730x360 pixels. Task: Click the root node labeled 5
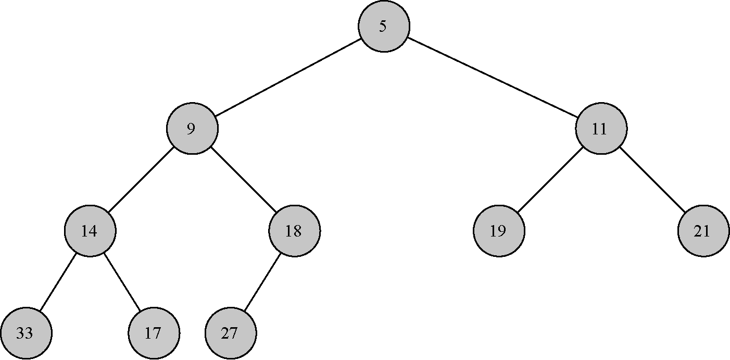coord(384,26)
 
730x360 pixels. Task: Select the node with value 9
coord(192,129)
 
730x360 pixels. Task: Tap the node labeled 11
coord(601,129)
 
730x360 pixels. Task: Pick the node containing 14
coord(90,231)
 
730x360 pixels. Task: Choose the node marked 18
coord(295,231)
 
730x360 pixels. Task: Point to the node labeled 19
coord(499,231)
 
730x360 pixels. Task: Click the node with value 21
coord(703,231)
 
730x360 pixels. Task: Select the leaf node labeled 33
coord(26,333)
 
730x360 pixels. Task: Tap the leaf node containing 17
coord(154,333)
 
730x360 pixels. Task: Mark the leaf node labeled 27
coord(231,333)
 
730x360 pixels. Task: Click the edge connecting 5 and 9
coord(288,77)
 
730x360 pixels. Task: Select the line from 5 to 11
coord(493,77)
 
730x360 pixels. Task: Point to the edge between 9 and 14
coord(141,180)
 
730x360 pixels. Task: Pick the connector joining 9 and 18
coord(244,180)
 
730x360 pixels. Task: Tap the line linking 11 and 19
coord(550,180)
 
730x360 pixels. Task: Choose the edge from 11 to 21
coord(652,180)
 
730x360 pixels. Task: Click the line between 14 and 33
coord(58,282)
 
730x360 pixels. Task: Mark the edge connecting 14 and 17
coord(122,282)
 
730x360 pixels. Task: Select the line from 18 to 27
coord(262,282)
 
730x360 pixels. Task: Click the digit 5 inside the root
coord(383,26)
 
